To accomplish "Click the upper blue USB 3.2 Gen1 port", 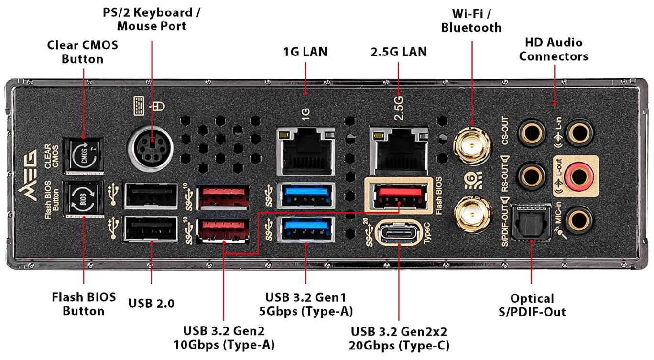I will [x=305, y=195].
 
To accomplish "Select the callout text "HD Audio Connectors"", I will [x=554, y=49].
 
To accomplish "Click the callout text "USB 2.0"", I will [x=152, y=303].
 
